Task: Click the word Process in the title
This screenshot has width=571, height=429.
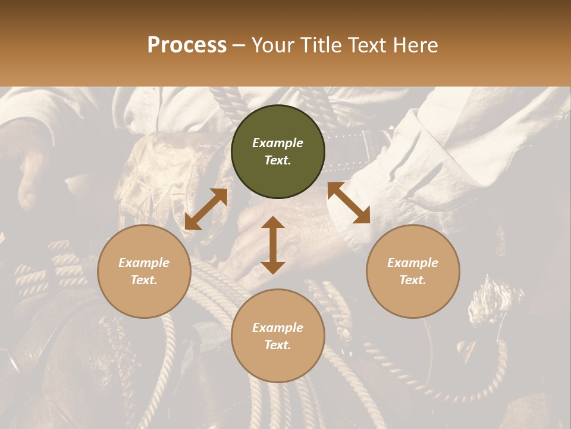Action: coord(187,45)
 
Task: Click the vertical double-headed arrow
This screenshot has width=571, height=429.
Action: coord(273,245)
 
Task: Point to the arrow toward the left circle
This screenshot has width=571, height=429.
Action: coord(206,209)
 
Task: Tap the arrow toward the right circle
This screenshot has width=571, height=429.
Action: coord(349,203)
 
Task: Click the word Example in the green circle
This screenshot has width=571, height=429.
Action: coord(278,143)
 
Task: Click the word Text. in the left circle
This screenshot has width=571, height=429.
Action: coord(144,280)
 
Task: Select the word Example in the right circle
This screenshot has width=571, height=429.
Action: coord(413,263)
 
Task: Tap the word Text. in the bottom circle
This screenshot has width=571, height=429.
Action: coord(278,345)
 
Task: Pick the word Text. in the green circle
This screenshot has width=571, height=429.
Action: coord(278,160)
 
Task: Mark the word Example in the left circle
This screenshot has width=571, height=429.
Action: coord(144,263)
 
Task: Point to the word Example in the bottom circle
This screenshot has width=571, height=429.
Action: coord(278,328)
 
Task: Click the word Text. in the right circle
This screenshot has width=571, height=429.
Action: coord(413,280)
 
